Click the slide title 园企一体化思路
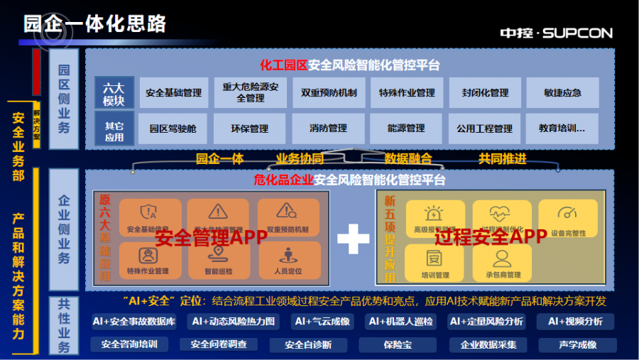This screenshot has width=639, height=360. tap(95, 23)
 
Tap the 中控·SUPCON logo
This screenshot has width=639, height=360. tap(556, 33)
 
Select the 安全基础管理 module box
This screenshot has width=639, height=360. tap(174, 92)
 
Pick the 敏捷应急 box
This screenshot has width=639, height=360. tap(562, 92)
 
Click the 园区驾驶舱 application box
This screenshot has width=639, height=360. tap(173, 129)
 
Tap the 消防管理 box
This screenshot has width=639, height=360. tap(328, 129)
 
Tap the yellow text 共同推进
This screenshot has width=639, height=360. tap(502, 158)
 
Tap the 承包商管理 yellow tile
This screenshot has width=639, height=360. tap(503, 263)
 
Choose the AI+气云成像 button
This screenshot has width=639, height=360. tap(322, 322)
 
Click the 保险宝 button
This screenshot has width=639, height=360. tap(392, 345)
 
